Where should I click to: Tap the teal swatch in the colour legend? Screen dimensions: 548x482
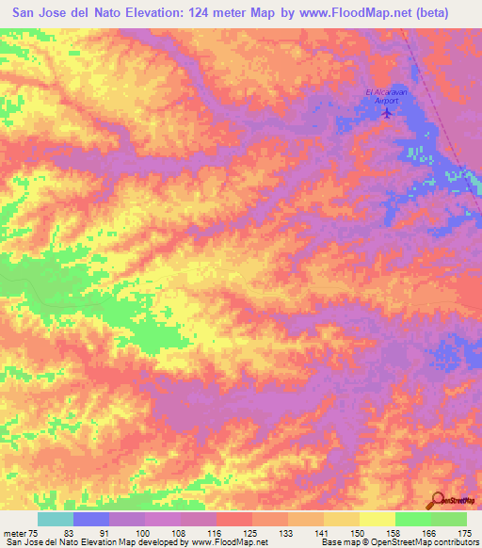click(56, 519)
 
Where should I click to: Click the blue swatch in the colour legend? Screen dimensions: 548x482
click(91, 519)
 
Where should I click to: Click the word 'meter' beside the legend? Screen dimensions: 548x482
click(14, 530)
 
